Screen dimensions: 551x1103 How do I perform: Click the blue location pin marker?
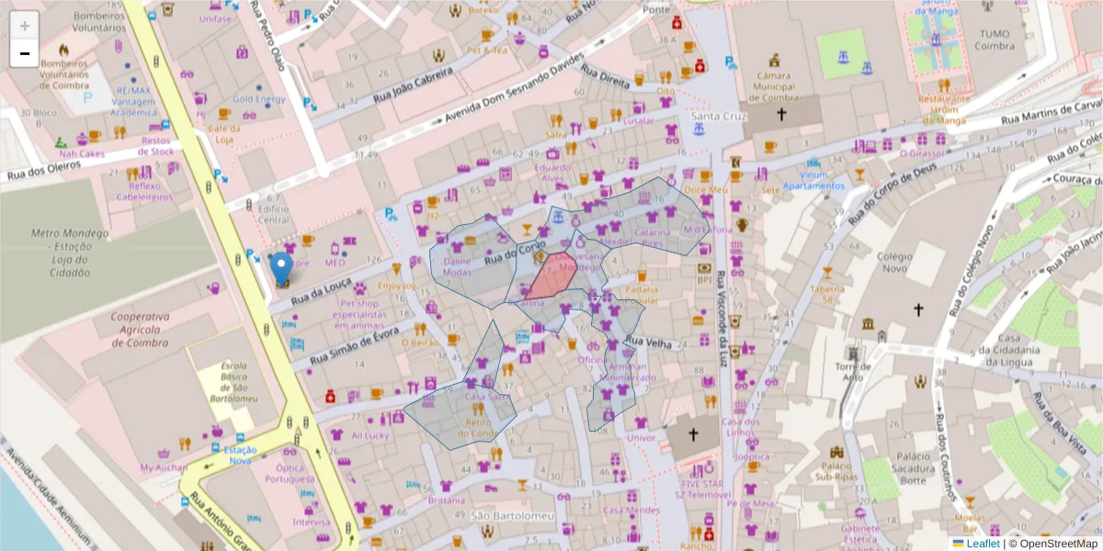pos(282,268)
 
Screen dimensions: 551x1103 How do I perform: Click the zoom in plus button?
pos(25,25)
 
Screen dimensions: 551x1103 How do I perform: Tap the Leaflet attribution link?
pos(983,544)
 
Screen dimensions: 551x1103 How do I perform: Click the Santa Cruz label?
pos(719,117)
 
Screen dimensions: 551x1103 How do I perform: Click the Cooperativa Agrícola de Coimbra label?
pos(140,330)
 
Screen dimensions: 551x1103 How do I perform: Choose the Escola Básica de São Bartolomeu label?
pos(233,387)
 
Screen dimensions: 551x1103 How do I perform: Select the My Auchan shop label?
pos(163,468)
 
